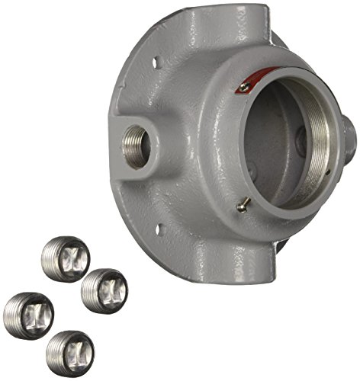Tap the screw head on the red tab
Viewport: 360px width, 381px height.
(243, 88)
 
